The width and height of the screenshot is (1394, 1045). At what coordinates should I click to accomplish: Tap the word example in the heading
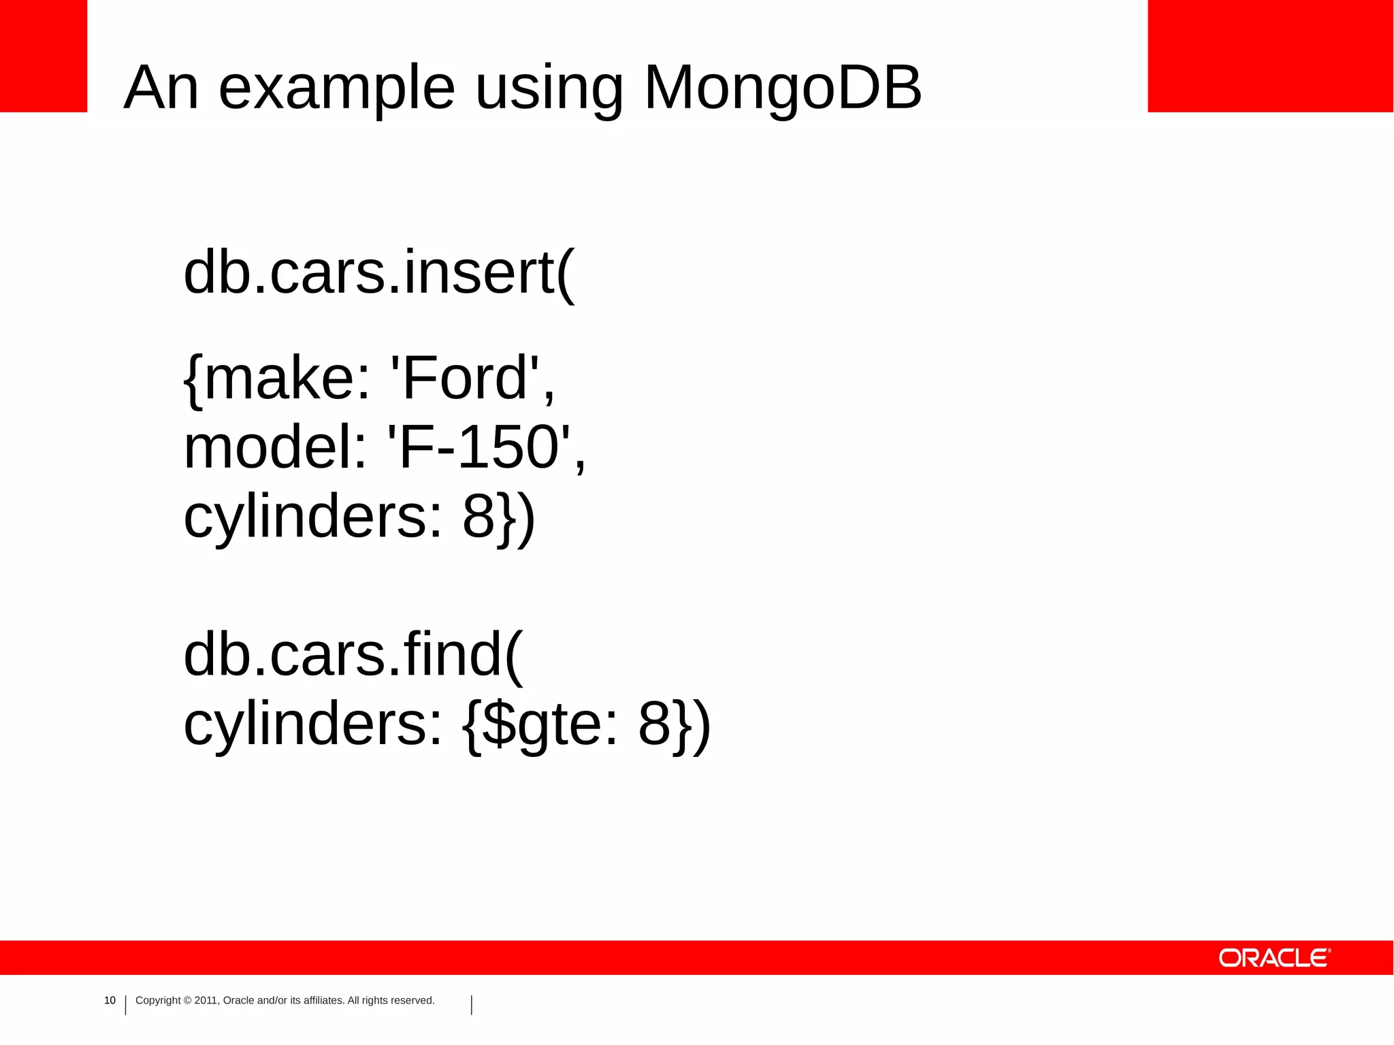click(x=336, y=89)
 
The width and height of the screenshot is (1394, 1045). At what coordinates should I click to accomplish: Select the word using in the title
click(x=549, y=89)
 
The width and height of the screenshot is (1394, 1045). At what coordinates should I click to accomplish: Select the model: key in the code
click(x=276, y=447)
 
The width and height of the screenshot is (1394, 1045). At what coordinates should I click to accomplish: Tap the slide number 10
click(x=110, y=1000)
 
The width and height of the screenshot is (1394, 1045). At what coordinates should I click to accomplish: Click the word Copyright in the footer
click(x=158, y=1000)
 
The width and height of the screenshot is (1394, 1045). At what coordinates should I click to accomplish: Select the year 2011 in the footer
click(x=206, y=1000)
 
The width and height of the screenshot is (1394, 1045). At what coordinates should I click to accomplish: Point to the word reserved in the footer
click(x=412, y=1000)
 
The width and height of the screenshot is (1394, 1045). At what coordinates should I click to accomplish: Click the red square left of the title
click(x=44, y=56)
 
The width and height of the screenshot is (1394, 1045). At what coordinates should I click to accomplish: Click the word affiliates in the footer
click(x=323, y=1000)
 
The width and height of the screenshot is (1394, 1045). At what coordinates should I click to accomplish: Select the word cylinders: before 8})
click(x=314, y=517)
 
